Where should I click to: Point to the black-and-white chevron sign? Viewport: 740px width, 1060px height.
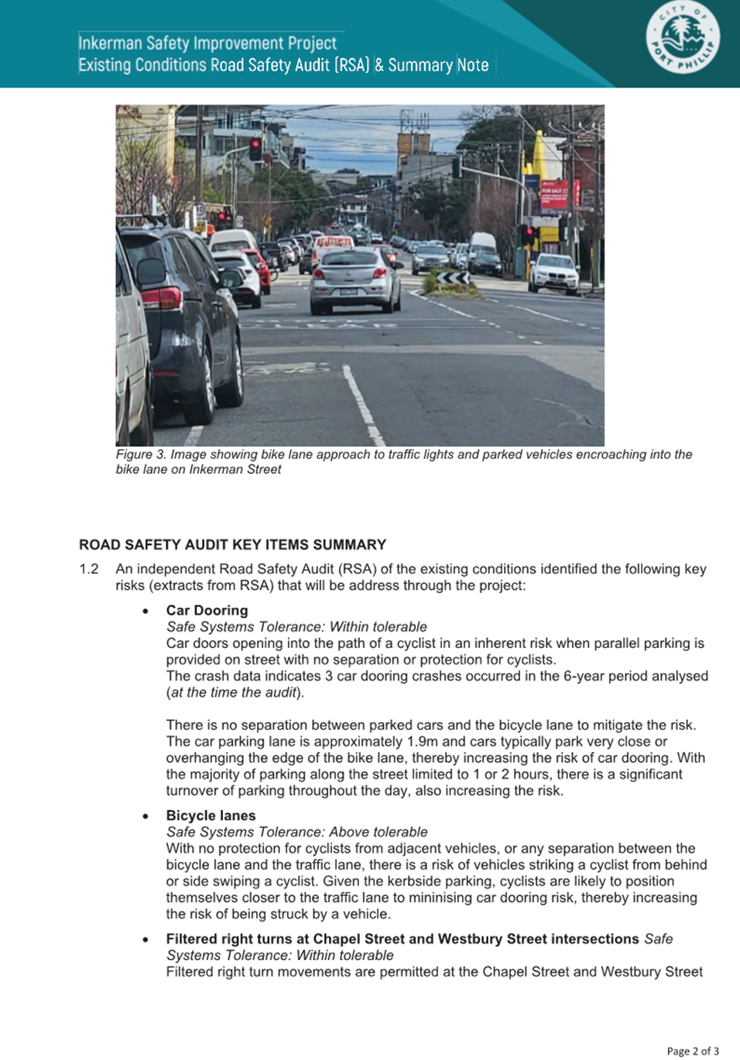(x=453, y=277)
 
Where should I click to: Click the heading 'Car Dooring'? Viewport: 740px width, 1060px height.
(x=207, y=610)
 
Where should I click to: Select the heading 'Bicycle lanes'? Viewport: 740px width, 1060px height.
(x=211, y=815)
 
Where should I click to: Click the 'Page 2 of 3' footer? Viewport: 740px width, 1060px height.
(x=692, y=1051)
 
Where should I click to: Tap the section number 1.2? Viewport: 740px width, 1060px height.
(x=89, y=569)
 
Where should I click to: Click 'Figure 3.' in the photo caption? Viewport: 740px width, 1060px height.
(x=141, y=455)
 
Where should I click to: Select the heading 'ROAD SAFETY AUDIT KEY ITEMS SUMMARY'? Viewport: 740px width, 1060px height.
(x=232, y=544)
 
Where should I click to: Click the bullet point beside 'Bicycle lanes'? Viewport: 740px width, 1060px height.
(x=146, y=816)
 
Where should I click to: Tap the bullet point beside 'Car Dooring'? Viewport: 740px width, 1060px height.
(x=146, y=611)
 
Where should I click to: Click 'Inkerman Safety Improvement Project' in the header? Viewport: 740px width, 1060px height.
(x=207, y=43)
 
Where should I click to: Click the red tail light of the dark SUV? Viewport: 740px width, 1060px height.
(x=161, y=297)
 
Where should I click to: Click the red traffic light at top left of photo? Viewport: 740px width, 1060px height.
(x=255, y=147)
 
